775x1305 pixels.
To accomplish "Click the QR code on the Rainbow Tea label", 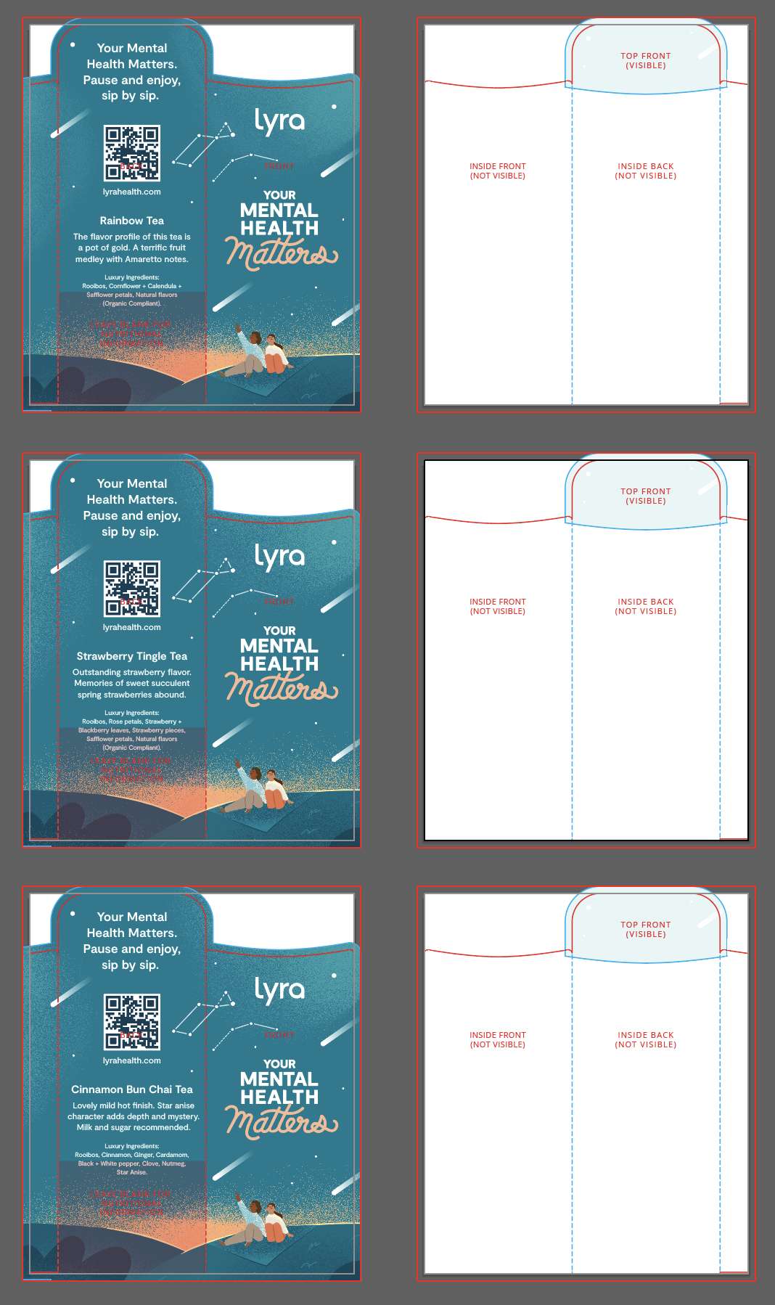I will [131, 153].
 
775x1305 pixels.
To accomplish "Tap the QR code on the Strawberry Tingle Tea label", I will [131, 589].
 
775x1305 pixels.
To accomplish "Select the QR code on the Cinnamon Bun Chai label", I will [131, 1022].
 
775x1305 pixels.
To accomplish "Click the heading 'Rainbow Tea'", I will [132, 221].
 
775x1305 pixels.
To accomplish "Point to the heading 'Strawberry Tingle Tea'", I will [132, 656].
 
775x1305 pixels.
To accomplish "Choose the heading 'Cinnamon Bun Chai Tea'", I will [132, 1089].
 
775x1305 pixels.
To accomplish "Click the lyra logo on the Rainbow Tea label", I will [279, 121].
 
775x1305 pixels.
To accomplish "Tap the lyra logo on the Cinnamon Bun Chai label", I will [279, 990].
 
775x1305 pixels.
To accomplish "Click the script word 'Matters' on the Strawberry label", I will [282, 689].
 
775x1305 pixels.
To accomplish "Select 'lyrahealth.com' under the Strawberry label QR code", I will [132, 627].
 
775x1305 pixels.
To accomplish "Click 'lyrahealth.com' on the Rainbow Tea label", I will [132, 192].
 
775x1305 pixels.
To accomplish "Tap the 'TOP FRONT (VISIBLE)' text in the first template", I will [646, 60].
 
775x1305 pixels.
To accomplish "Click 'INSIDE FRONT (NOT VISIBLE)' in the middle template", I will [498, 606].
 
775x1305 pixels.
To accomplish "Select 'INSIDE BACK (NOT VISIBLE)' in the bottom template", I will [646, 1039].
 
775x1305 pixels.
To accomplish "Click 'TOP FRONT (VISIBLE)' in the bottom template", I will [646, 929].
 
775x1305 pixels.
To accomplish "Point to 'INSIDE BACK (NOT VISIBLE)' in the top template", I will [646, 171].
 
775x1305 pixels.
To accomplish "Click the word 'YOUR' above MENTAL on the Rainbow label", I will [279, 195].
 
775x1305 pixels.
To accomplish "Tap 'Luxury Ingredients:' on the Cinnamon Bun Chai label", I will [132, 1146].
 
